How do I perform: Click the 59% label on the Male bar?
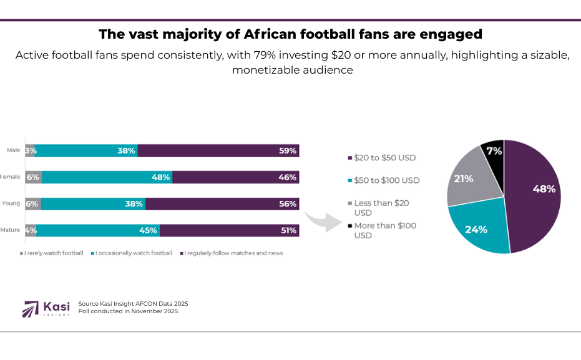[x=288, y=151]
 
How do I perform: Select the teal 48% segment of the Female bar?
[x=107, y=177]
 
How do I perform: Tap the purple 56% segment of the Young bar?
[x=222, y=204]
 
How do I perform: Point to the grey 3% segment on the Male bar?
[x=31, y=151]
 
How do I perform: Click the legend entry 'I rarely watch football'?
[x=52, y=253]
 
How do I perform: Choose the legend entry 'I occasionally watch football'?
[x=133, y=253]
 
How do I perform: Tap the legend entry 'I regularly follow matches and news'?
[x=232, y=253]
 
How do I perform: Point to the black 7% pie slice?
[x=493, y=151]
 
